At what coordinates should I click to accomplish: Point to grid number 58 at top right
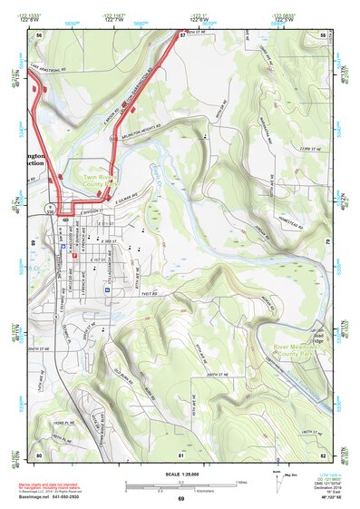pyautogui.click(x=323, y=34)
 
